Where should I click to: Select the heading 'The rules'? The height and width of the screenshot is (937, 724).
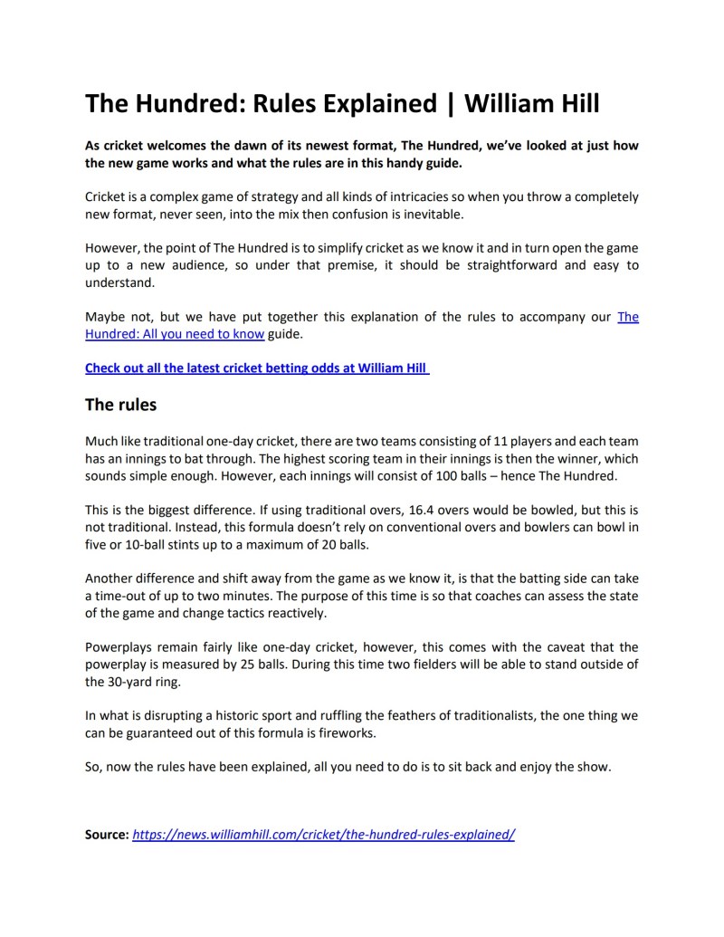coord(120,405)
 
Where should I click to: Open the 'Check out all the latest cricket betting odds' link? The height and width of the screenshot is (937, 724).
coord(257,368)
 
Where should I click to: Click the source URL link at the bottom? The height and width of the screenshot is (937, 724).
coord(323,834)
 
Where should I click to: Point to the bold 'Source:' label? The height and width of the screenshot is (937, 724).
coord(107,834)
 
